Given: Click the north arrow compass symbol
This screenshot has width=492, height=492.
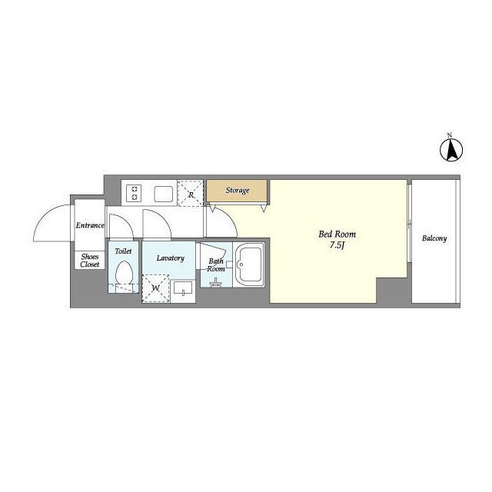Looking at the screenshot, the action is [x=451, y=151].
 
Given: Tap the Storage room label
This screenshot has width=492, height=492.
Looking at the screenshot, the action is [x=238, y=190].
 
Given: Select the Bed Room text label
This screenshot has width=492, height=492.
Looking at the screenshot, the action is [x=337, y=234].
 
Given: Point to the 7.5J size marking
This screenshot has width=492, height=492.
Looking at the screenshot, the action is [x=337, y=245].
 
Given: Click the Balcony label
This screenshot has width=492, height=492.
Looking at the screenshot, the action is [x=434, y=238].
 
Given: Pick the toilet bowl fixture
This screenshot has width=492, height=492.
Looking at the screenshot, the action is [x=124, y=274].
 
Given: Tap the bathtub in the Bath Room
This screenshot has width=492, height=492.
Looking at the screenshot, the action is [x=249, y=264].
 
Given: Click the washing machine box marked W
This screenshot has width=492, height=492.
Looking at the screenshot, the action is [x=155, y=288].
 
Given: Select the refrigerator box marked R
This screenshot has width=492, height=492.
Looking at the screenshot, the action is [x=191, y=193].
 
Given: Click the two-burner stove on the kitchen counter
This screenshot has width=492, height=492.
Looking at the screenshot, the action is [x=135, y=193].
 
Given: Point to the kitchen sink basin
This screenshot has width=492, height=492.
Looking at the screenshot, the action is [x=164, y=194].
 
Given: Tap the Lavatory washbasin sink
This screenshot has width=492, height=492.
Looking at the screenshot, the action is [x=183, y=289].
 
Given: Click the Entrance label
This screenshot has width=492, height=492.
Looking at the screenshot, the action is [x=90, y=225].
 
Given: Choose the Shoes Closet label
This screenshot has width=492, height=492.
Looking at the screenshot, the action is [x=90, y=261].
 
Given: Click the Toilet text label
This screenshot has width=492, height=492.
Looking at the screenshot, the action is [x=123, y=251].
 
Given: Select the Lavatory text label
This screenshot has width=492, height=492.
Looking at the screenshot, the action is [x=171, y=258].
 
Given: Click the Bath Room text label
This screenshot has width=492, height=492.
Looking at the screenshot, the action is [x=216, y=264].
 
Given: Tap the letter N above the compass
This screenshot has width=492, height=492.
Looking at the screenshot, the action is [x=450, y=135].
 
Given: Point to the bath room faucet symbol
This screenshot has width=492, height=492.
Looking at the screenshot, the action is [x=215, y=282].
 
